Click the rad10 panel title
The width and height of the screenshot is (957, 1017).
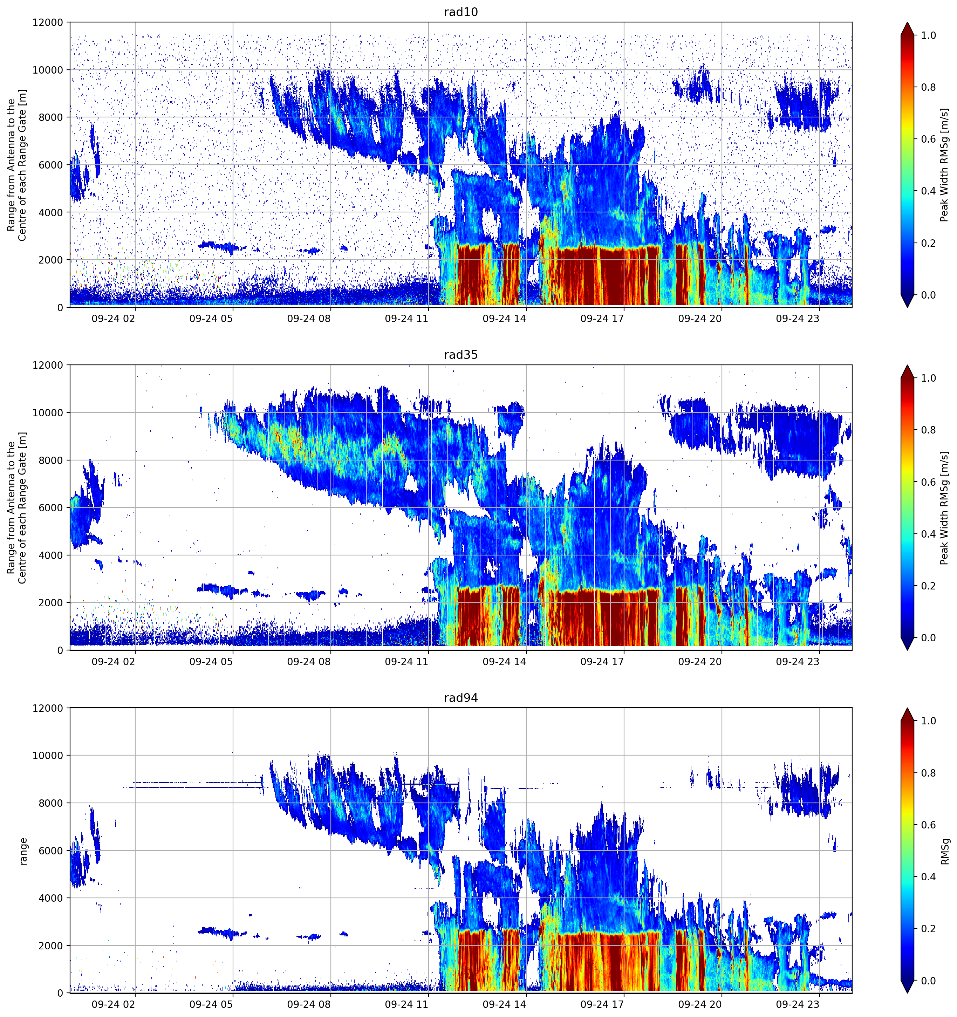tap(460, 12)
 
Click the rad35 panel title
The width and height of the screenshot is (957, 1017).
tap(460, 355)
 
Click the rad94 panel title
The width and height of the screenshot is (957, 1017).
tap(460, 698)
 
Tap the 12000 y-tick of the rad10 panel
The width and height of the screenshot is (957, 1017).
tap(48, 22)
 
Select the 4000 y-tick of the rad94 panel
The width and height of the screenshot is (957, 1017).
tap(51, 898)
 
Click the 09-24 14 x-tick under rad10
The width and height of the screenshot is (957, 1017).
tap(504, 319)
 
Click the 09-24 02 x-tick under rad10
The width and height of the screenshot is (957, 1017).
tap(113, 319)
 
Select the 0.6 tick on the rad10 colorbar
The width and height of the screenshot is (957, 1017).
tap(928, 139)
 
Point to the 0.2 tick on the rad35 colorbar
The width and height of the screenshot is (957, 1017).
tap(928, 586)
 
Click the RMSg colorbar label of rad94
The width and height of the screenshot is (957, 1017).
tap(945, 851)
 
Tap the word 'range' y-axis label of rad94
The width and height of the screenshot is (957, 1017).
tap(23, 851)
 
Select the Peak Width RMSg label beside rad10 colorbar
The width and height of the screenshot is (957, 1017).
tap(945, 165)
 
